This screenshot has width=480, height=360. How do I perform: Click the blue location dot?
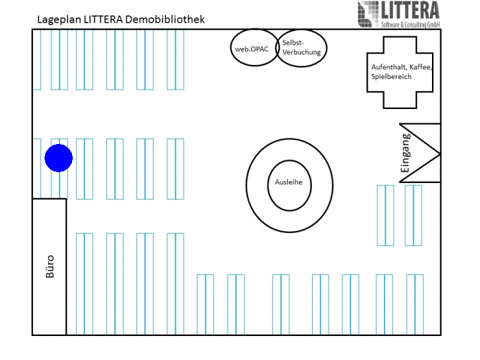pos(58,158)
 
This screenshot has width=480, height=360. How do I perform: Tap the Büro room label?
pos(49,266)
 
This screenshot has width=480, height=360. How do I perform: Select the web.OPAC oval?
pos(252,49)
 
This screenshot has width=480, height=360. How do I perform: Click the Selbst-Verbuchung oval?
pos(301,48)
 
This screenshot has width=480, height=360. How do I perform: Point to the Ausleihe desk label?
pos(289,182)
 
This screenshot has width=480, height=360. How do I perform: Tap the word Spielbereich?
pos(391,77)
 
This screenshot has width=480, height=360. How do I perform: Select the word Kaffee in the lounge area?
pos(421,67)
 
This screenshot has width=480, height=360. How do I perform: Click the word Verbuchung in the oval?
pos(301,52)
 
